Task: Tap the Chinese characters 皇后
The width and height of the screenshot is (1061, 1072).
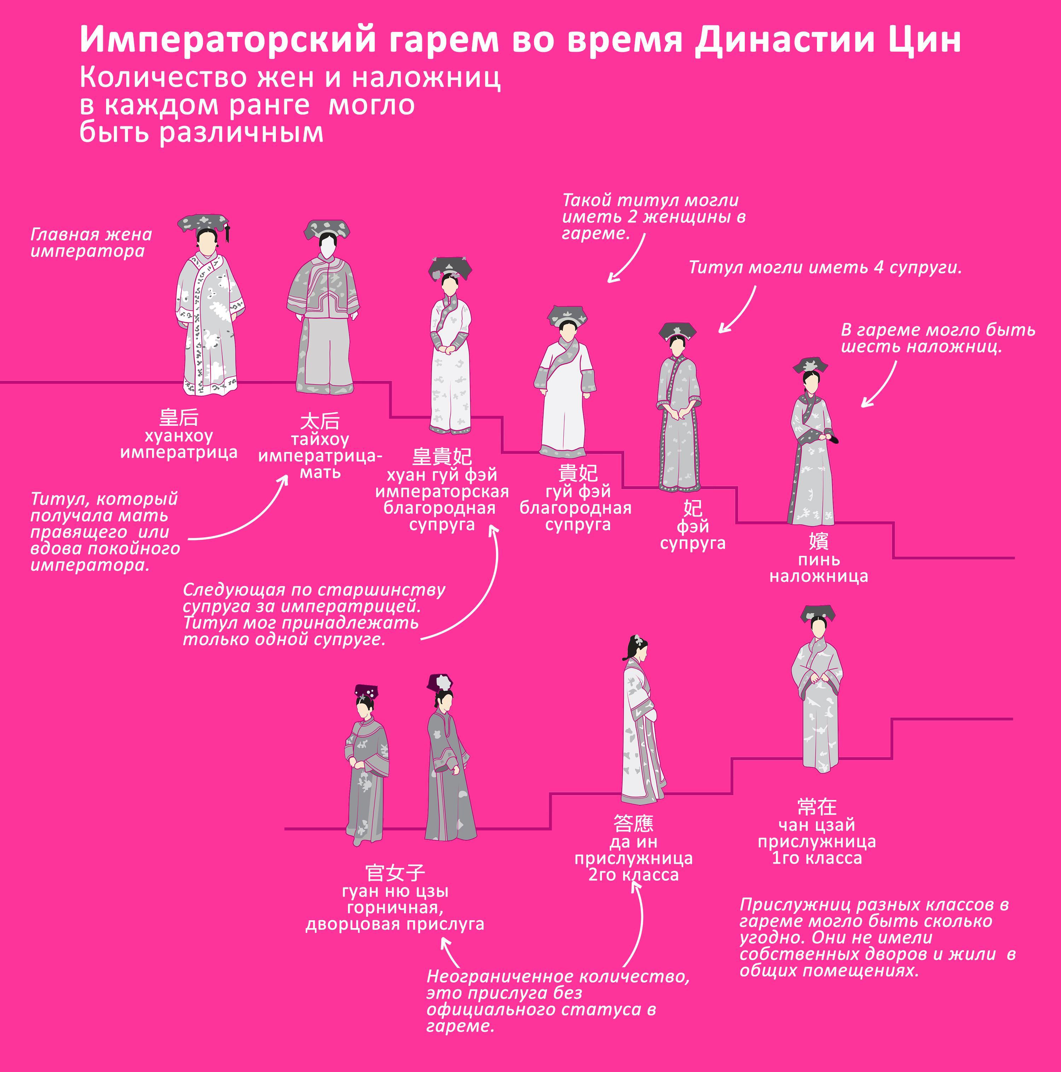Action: (x=179, y=417)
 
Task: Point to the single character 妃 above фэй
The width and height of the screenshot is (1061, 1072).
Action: (x=692, y=508)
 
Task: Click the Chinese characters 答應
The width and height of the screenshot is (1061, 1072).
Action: (x=633, y=823)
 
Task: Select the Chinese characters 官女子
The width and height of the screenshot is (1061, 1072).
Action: (x=395, y=873)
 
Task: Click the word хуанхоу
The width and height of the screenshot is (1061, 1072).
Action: (x=179, y=436)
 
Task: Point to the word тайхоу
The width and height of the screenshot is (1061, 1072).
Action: (x=320, y=440)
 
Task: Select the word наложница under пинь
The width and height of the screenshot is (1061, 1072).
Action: (x=818, y=576)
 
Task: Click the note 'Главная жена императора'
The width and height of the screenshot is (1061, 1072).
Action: (x=91, y=243)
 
